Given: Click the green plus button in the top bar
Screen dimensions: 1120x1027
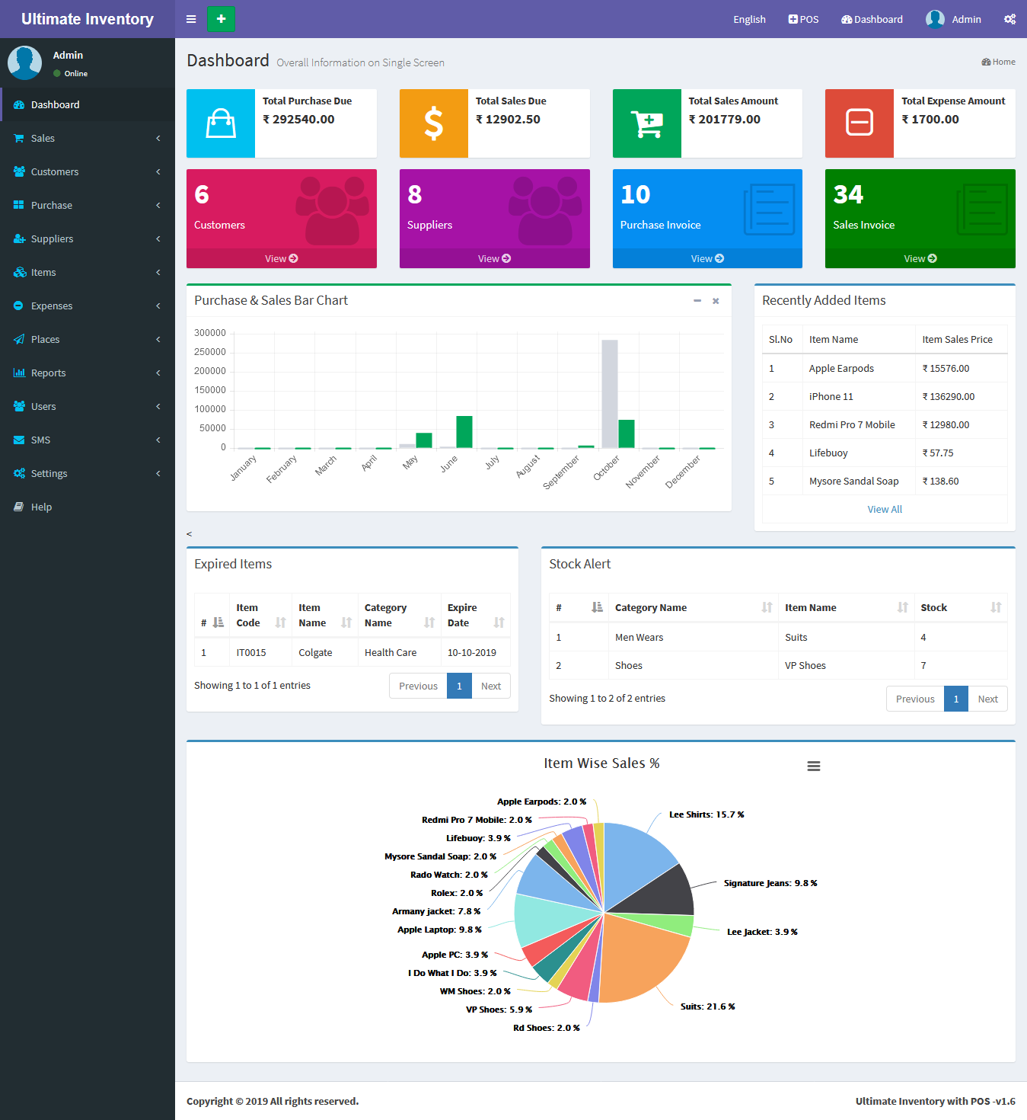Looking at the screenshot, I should click(x=221, y=19).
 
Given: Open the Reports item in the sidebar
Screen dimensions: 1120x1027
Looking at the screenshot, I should click(x=49, y=373).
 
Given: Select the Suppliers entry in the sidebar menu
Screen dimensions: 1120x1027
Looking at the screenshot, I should click(x=52, y=238).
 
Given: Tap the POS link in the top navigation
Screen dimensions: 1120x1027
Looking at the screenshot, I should click(x=804, y=19).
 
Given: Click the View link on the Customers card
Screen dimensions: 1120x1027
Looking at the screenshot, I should click(x=281, y=258).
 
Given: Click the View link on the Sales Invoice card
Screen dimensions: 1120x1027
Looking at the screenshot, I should click(x=920, y=258).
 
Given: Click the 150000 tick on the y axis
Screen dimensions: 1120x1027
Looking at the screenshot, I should click(x=210, y=390).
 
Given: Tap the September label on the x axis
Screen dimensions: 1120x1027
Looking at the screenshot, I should click(x=562, y=472).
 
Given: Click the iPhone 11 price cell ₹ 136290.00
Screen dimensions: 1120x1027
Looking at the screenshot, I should click(x=948, y=396).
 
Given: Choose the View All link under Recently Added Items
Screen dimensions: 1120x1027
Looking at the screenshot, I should click(x=885, y=509).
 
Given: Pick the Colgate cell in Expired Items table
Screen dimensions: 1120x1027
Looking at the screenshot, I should click(x=315, y=652).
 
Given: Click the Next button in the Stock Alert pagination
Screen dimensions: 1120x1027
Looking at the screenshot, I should click(x=987, y=699).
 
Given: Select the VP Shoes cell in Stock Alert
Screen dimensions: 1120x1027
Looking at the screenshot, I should click(x=805, y=665).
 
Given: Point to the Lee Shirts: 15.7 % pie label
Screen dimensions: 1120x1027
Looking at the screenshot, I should click(x=706, y=814).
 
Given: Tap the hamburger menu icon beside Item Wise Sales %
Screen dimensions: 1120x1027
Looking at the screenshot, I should click(x=814, y=766).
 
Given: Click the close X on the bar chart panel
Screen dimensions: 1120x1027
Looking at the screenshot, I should click(x=716, y=301).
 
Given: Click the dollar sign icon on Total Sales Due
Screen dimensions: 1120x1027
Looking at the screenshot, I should click(x=434, y=123).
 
